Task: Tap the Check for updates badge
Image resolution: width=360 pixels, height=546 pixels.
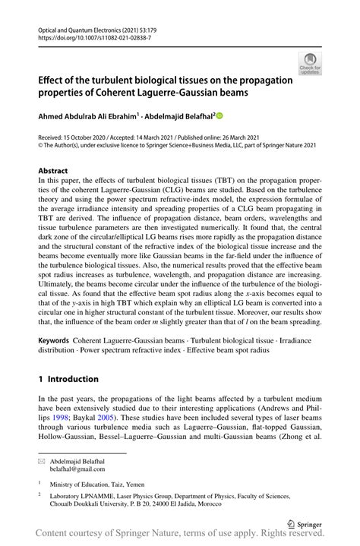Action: pos(310,64)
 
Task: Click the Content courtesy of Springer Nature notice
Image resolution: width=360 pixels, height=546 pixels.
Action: pos(180,537)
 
